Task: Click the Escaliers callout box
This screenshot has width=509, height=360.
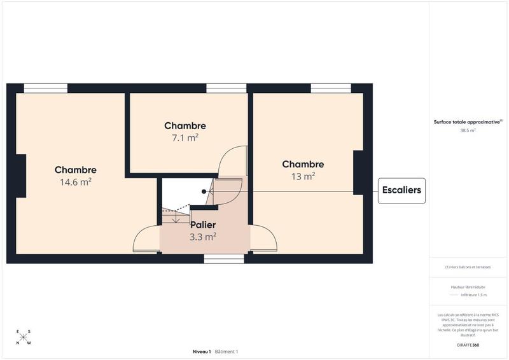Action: click(401, 191)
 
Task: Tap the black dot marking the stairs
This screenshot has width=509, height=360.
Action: click(204, 191)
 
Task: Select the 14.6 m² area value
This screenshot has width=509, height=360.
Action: click(75, 181)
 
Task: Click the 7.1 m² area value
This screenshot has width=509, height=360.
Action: click(185, 137)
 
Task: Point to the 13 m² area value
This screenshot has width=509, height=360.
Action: click(303, 176)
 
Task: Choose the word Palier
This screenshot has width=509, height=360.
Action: click(203, 225)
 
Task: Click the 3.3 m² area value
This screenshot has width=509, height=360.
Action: click(203, 236)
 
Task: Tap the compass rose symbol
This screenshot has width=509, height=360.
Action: click(23, 337)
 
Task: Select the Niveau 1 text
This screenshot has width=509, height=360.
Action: click(202, 352)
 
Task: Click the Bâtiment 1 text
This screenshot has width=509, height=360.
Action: click(227, 352)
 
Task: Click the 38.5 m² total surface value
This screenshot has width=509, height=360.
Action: click(468, 130)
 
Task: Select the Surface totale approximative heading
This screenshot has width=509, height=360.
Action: click(468, 121)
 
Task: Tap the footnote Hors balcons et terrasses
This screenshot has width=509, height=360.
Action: click(468, 267)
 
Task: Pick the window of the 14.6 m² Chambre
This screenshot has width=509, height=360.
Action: click(50, 88)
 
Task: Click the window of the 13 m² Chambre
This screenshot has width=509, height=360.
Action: click(331, 88)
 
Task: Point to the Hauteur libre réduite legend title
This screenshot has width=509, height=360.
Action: click(468, 287)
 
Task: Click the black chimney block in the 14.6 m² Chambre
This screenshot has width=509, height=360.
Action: click(21, 176)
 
